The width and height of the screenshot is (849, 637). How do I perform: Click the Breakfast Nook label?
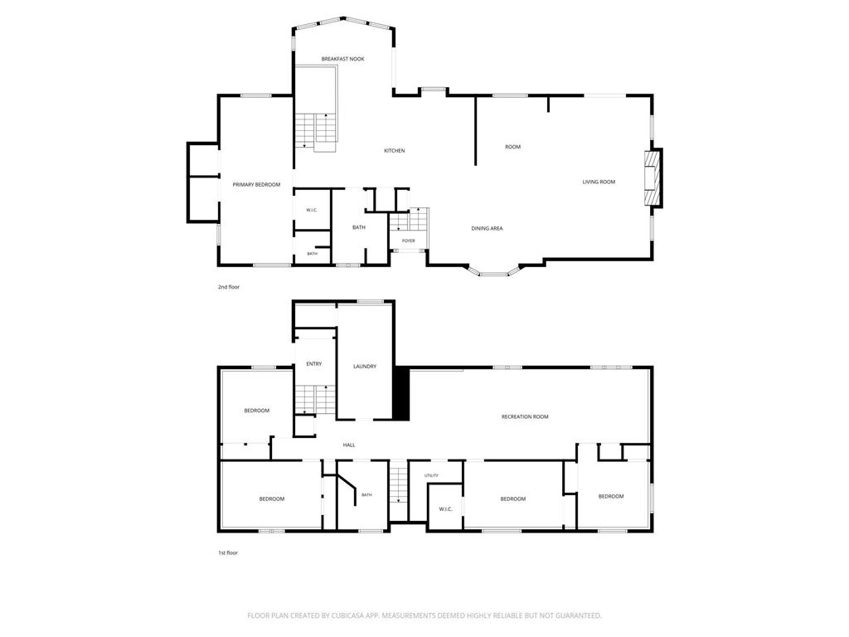click(342, 59)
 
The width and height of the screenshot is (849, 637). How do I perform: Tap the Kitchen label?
click(394, 151)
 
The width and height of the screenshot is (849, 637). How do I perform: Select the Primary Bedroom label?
click(257, 185)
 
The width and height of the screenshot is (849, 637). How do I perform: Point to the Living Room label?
click(599, 182)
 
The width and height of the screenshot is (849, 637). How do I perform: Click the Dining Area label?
click(487, 229)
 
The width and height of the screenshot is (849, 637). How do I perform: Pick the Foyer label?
click(408, 241)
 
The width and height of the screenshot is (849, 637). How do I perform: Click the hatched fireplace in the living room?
click(653, 178)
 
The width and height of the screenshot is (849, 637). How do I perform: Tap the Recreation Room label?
click(525, 416)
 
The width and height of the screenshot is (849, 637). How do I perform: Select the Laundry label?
click(365, 367)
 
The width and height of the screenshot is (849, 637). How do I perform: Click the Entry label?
click(314, 364)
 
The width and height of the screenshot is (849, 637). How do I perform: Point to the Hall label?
click(349, 445)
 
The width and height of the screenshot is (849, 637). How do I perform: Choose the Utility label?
click(431, 475)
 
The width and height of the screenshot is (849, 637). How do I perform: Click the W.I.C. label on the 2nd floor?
click(312, 210)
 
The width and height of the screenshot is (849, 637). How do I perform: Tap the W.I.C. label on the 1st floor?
click(445, 509)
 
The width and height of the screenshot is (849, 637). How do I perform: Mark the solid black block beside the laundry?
click(400, 393)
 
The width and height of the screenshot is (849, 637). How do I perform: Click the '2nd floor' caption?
click(229, 287)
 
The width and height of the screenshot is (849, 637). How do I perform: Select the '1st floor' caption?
click(228, 553)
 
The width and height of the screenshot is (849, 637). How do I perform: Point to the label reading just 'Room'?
click(512, 147)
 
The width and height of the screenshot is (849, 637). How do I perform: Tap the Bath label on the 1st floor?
click(366, 495)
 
